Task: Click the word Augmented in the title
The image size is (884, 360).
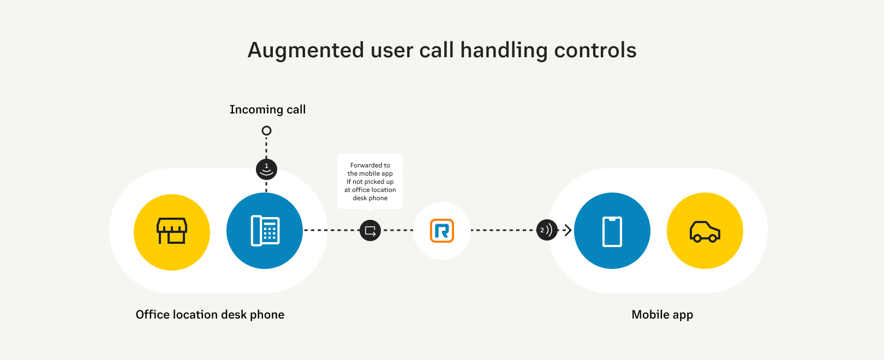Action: pyautogui.click(x=306, y=50)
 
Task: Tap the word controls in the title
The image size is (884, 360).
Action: pyautogui.click(x=595, y=50)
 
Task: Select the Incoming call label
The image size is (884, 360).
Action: pyautogui.click(x=267, y=110)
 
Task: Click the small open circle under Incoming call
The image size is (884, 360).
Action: pyautogui.click(x=266, y=131)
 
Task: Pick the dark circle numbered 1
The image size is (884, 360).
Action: pyautogui.click(x=266, y=169)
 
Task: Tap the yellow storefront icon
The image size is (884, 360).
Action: pyautogui.click(x=172, y=232)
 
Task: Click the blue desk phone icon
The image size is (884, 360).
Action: pyautogui.click(x=265, y=231)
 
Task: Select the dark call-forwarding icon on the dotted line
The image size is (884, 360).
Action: pyautogui.click(x=370, y=230)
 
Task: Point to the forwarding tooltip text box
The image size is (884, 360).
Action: pyautogui.click(x=370, y=182)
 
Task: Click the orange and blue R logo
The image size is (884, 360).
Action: pyautogui.click(x=442, y=231)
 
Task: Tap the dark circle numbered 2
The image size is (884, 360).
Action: pyautogui.click(x=547, y=230)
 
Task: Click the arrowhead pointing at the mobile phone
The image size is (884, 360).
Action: pyautogui.click(x=568, y=230)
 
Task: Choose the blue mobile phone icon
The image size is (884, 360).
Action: pyautogui.click(x=612, y=231)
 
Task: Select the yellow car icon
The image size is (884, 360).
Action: pyautogui.click(x=705, y=231)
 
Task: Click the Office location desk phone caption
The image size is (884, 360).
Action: pyautogui.click(x=210, y=315)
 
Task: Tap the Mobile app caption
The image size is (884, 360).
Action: pyautogui.click(x=662, y=315)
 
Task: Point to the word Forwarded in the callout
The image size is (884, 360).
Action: pyautogui.click(x=370, y=165)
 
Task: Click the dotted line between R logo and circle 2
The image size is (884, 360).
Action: pyautogui.click(x=502, y=230)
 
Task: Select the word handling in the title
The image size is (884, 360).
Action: pyautogui.click(x=504, y=50)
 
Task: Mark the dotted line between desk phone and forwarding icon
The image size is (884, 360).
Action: pyautogui.click(x=331, y=230)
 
